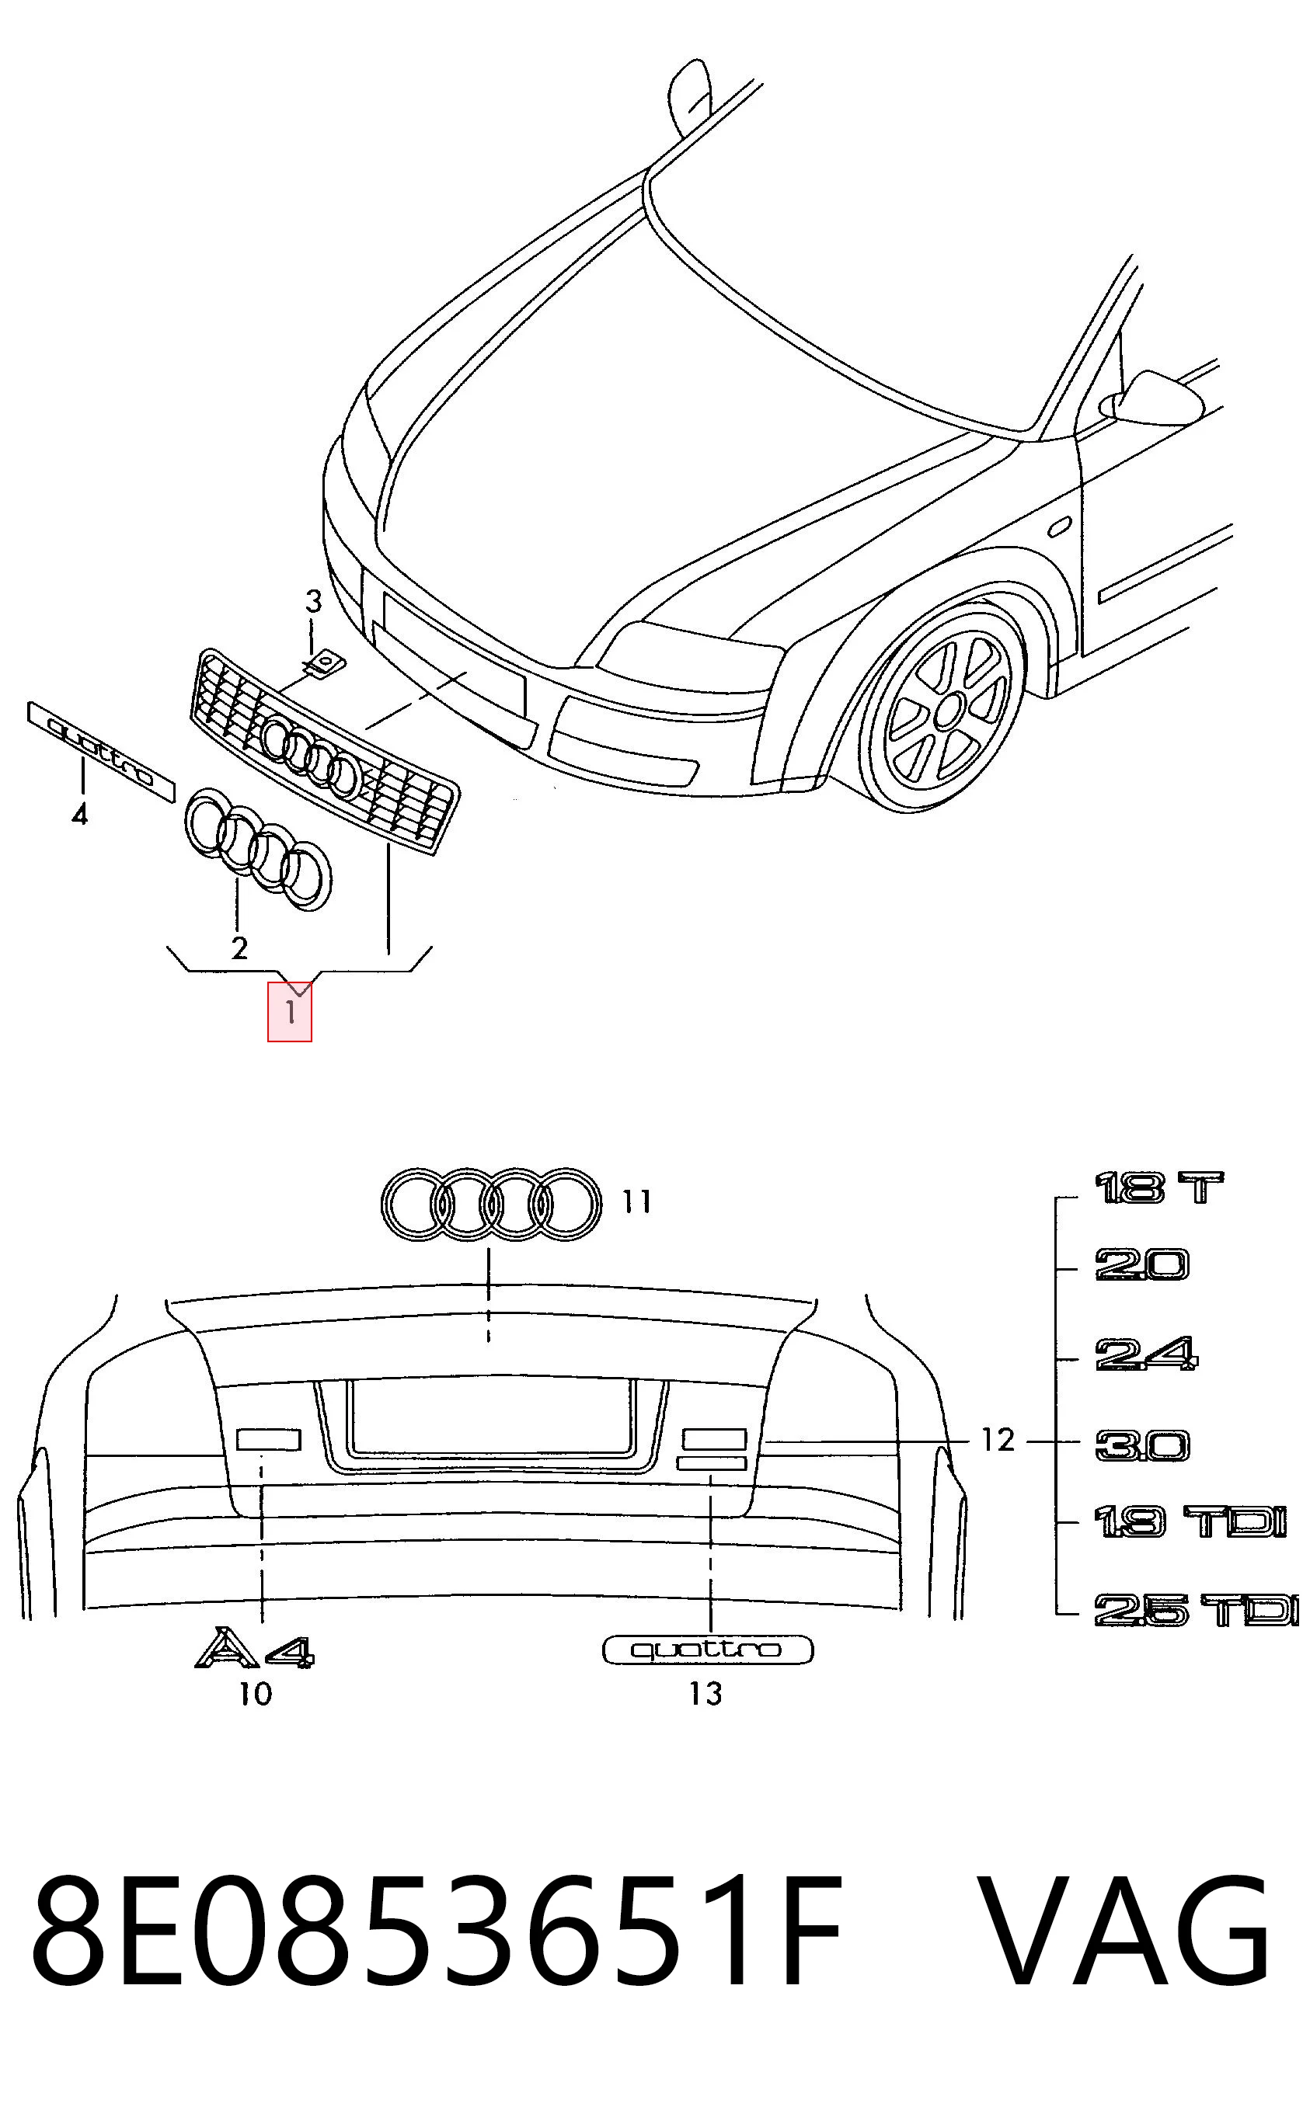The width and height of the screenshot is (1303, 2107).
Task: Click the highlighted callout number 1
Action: (x=290, y=1011)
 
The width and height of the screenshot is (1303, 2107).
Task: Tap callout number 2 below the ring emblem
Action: (x=239, y=947)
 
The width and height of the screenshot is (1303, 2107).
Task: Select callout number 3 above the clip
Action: (x=313, y=601)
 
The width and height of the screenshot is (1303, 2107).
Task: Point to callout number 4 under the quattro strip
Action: (x=79, y=814)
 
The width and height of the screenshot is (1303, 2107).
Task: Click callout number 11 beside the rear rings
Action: (x=637, y=1201)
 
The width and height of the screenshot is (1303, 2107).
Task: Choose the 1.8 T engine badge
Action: (x=1158, y=1189)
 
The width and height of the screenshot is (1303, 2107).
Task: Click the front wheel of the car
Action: (x=946, y=708)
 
